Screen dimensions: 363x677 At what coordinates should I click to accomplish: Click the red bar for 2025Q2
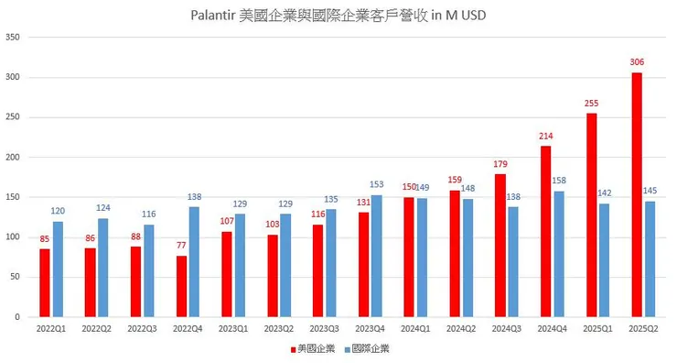tap(637, 194)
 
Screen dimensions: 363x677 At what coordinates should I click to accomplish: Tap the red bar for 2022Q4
tap(181, 286)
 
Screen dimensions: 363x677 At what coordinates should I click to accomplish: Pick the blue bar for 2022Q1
tap(58, 269)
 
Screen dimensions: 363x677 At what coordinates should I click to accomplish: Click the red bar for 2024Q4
tap(546, 231)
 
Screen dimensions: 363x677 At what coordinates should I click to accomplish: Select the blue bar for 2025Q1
tap(605, 259)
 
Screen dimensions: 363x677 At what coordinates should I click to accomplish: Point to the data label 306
tap(637, 62)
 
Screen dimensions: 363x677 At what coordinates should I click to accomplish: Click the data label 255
tap(591, 104)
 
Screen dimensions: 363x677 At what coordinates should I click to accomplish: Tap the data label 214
tap(546, 137)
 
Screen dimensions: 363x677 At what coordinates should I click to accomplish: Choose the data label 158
tap(560, 181)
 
